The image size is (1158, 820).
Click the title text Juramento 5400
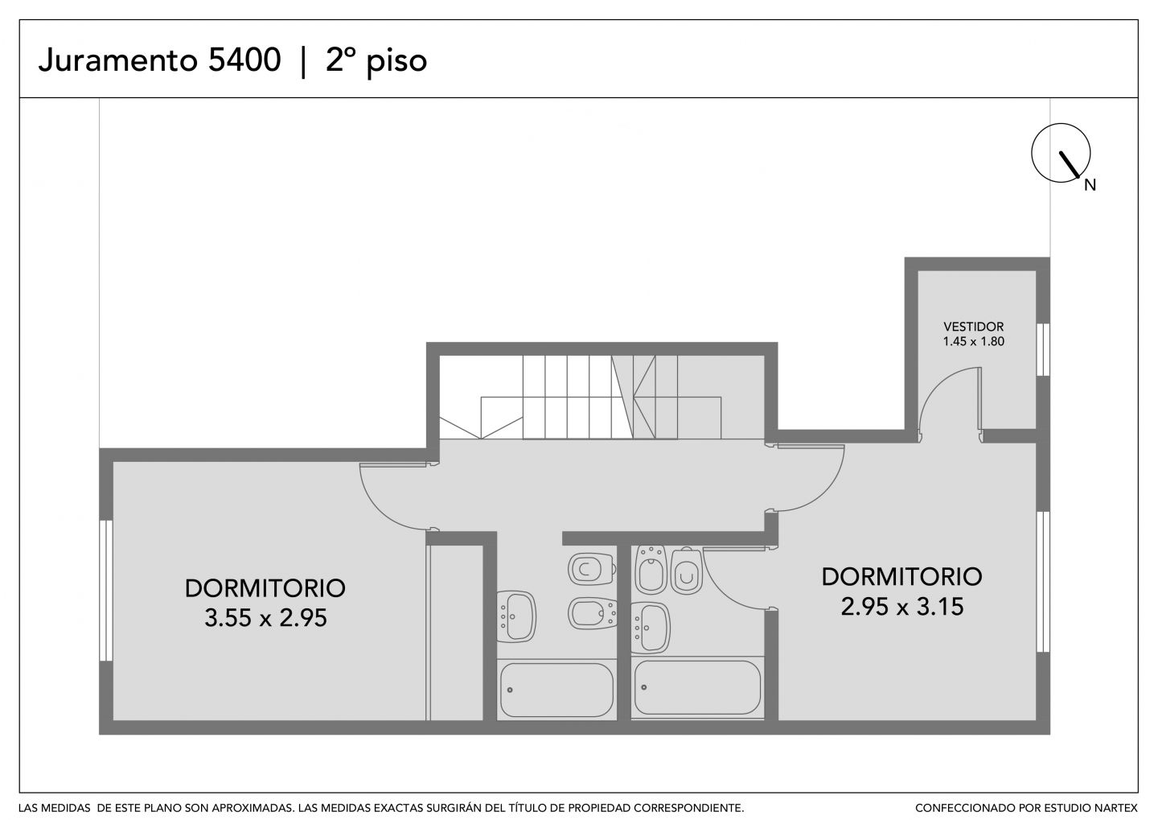pos(159,60)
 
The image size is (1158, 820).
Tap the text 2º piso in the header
pos(376,62)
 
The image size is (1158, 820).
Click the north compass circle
pos(1060,153)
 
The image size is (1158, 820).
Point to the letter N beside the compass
pos(1090,185)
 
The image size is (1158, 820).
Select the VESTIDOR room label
pos(973,327)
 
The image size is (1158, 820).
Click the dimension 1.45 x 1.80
pos(973,341)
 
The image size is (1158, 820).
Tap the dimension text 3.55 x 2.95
pos(265,618)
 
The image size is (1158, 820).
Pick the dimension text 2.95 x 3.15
pos(902,606)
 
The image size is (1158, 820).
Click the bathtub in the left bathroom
pos(556,690)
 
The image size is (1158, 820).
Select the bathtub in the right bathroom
pos(697,687)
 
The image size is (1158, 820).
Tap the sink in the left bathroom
pos(516,616)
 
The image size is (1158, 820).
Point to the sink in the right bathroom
pos(651,628)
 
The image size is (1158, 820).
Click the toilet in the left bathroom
pos(591,569)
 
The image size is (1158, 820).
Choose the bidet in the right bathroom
pos(651,569)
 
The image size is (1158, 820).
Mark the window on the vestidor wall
pos(1043,350)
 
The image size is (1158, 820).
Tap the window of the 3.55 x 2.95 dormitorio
pos(106,591)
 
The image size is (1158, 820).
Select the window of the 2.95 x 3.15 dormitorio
pos(1043,582)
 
